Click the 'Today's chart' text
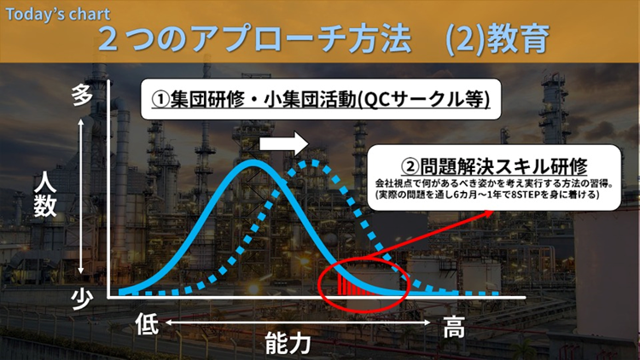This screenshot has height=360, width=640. (57, 15)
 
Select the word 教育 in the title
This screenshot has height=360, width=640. (519, 38)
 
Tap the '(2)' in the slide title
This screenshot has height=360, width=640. (465, 39)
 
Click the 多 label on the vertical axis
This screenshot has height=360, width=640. (82, 96)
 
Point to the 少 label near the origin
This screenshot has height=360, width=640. (82, 299)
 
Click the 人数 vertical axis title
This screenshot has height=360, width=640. (45, 195)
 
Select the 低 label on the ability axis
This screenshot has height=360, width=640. (147, 323)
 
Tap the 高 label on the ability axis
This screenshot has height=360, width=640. (454, 327)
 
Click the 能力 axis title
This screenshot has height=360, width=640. (288, 343)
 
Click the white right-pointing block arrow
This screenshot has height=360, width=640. (283, 143)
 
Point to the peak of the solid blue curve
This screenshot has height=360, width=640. (253, 162)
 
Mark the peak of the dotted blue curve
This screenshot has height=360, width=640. (313, 163)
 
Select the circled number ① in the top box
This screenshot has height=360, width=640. (160, 99)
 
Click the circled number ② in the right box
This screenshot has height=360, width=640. (410, 166)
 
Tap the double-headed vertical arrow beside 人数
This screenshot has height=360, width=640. (81, 196)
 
